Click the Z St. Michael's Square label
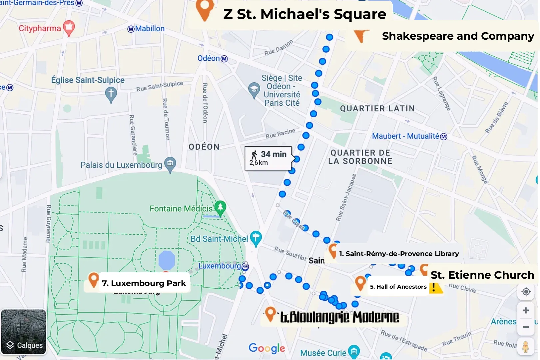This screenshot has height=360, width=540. pos(304,14)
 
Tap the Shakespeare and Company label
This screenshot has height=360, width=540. pos(458,36)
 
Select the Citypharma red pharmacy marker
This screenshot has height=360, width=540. pos(69,28)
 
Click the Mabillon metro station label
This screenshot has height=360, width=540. pos(146,29)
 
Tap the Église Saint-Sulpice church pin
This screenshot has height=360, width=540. pos(111,94)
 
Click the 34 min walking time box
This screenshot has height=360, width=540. pos(268,158)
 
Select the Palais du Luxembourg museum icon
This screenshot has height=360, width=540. pos(170,164)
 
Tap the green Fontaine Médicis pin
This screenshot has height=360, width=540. pos(220,208)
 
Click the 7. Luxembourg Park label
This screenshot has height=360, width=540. pos(144,283)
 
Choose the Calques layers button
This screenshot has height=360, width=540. pos(24,332)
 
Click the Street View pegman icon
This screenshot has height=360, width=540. pos(525,347)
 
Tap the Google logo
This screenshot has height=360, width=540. pos(267,348)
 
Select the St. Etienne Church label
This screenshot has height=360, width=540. pos(482,275)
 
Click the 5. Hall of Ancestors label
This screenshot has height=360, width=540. pos(398,287)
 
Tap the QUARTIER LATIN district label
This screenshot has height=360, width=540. pos(377,109)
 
